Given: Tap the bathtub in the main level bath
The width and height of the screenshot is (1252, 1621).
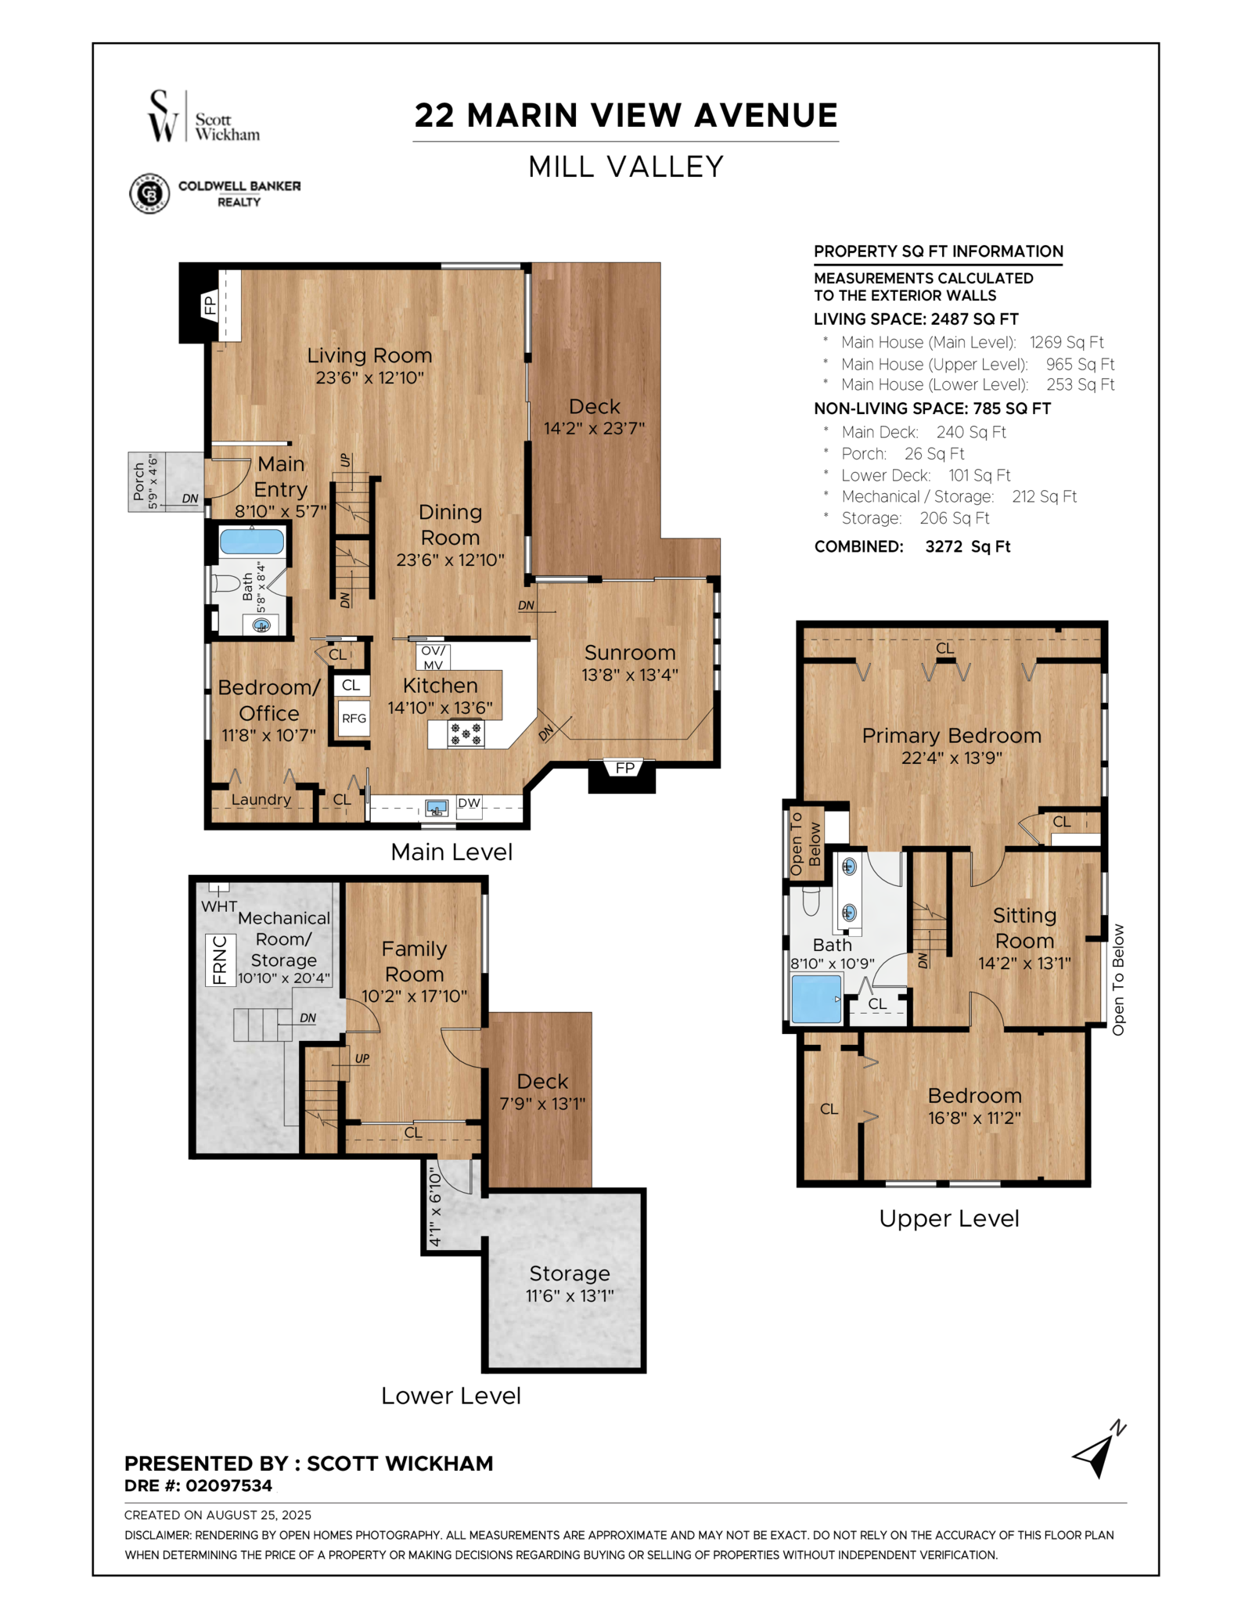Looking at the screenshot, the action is click(251, 542).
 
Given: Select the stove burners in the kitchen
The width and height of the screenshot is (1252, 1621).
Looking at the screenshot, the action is click(466, 734).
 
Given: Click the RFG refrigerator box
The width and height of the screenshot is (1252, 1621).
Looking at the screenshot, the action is click(354, 719).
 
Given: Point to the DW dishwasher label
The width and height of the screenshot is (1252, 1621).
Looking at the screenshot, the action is click(469, 803).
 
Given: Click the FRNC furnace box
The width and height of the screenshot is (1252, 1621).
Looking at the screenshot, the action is click(220, 960).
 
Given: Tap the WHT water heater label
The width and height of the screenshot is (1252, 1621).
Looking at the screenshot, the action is click(219, 906).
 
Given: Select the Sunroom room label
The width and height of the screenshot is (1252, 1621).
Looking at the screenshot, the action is click(630, 653).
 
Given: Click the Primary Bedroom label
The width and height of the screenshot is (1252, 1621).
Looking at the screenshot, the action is click(952, 736).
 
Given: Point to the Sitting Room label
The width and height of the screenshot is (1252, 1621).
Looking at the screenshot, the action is click(1024, 928).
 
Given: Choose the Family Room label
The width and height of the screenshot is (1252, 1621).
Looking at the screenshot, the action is click(414, 962).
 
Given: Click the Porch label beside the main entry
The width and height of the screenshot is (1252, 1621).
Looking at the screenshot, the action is click(139, 481).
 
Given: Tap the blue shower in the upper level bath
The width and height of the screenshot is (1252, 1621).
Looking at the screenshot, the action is click(816, 998).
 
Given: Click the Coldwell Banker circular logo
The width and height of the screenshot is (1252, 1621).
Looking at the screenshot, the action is click(149, 193).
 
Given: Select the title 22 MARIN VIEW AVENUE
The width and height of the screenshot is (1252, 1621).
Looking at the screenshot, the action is click(626, 116).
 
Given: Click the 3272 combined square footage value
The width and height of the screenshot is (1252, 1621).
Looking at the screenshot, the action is click(944, 546).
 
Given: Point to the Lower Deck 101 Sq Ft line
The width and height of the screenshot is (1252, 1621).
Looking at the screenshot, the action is click(926, 475).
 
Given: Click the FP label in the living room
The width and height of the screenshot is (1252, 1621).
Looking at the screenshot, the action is click(210, 304).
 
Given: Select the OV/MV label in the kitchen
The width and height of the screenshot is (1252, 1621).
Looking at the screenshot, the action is click(433, 657).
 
